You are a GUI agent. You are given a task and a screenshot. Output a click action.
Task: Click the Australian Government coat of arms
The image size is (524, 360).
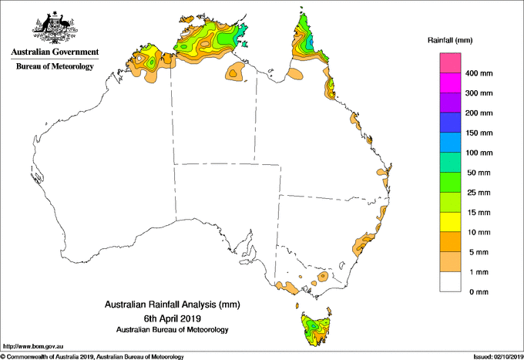click(54, 25)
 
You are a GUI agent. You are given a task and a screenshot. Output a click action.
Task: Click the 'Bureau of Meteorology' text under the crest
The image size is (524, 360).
click(54, 66)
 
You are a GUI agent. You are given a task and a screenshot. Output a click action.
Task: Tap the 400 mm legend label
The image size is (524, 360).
click(480, 74)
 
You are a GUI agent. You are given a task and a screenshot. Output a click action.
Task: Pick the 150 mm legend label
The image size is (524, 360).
click(480, 133)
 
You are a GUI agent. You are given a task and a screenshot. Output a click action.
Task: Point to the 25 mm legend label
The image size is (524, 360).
click(479, 193)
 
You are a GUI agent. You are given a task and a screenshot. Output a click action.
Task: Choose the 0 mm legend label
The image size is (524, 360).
click(477, 292)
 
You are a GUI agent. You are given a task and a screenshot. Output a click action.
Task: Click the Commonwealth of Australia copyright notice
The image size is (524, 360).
click(92, 356)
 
